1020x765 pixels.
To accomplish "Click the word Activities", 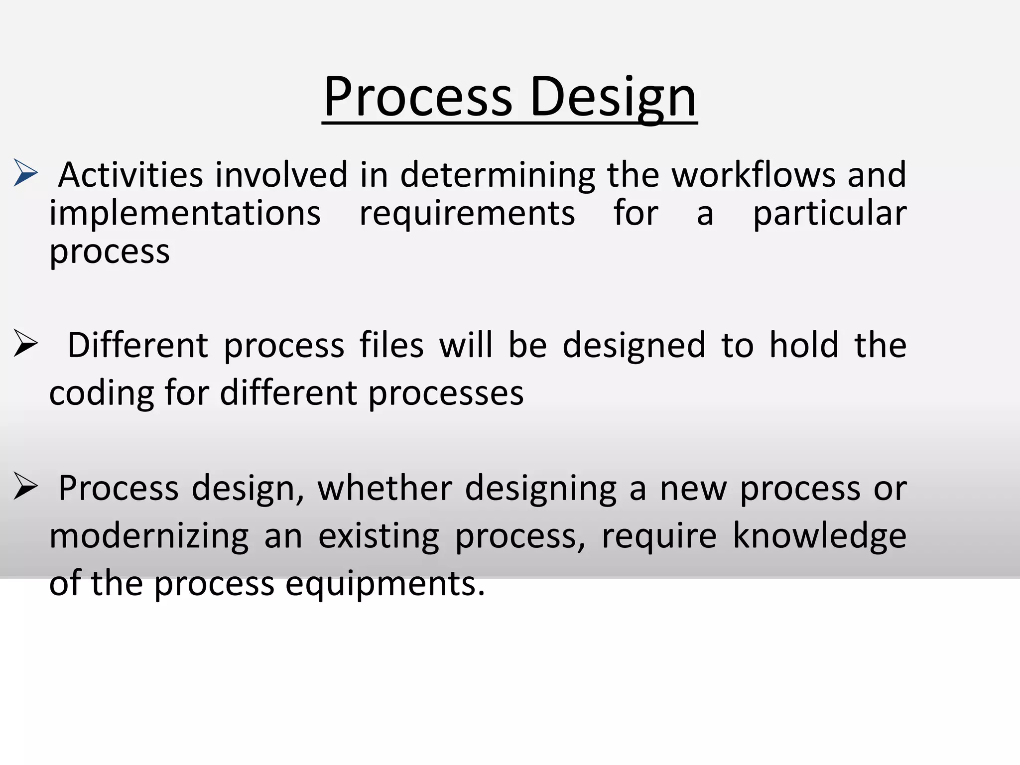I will pyautogui.click(x=130, y=175).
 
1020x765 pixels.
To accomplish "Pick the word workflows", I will pyautogui.click(x=754, y=175).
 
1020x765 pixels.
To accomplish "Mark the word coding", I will pyautogui.click(x=102, y=393).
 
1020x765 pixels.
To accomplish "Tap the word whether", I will pyautogui.click(x=384, y=488).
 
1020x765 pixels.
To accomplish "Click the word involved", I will pyautogui.click(x=281, y=175).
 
